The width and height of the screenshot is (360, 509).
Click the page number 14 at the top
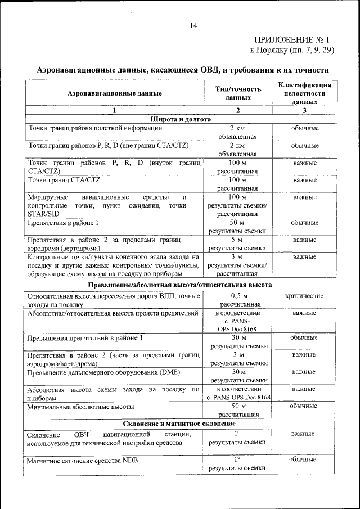pyautogui.click(x=193, y=26)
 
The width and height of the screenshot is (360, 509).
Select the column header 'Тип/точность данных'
pyautogui.click(x=238, y=93)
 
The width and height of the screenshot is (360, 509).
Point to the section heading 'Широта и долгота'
pyautogui.click(x=180, y=119)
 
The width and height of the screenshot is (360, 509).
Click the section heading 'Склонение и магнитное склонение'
pyautogui.click(x=180, y=423)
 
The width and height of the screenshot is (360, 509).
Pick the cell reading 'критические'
pyautogui.click(x=304, y=295)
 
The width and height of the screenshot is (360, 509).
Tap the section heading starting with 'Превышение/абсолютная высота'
pyautogui.click(x=180, y=285)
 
